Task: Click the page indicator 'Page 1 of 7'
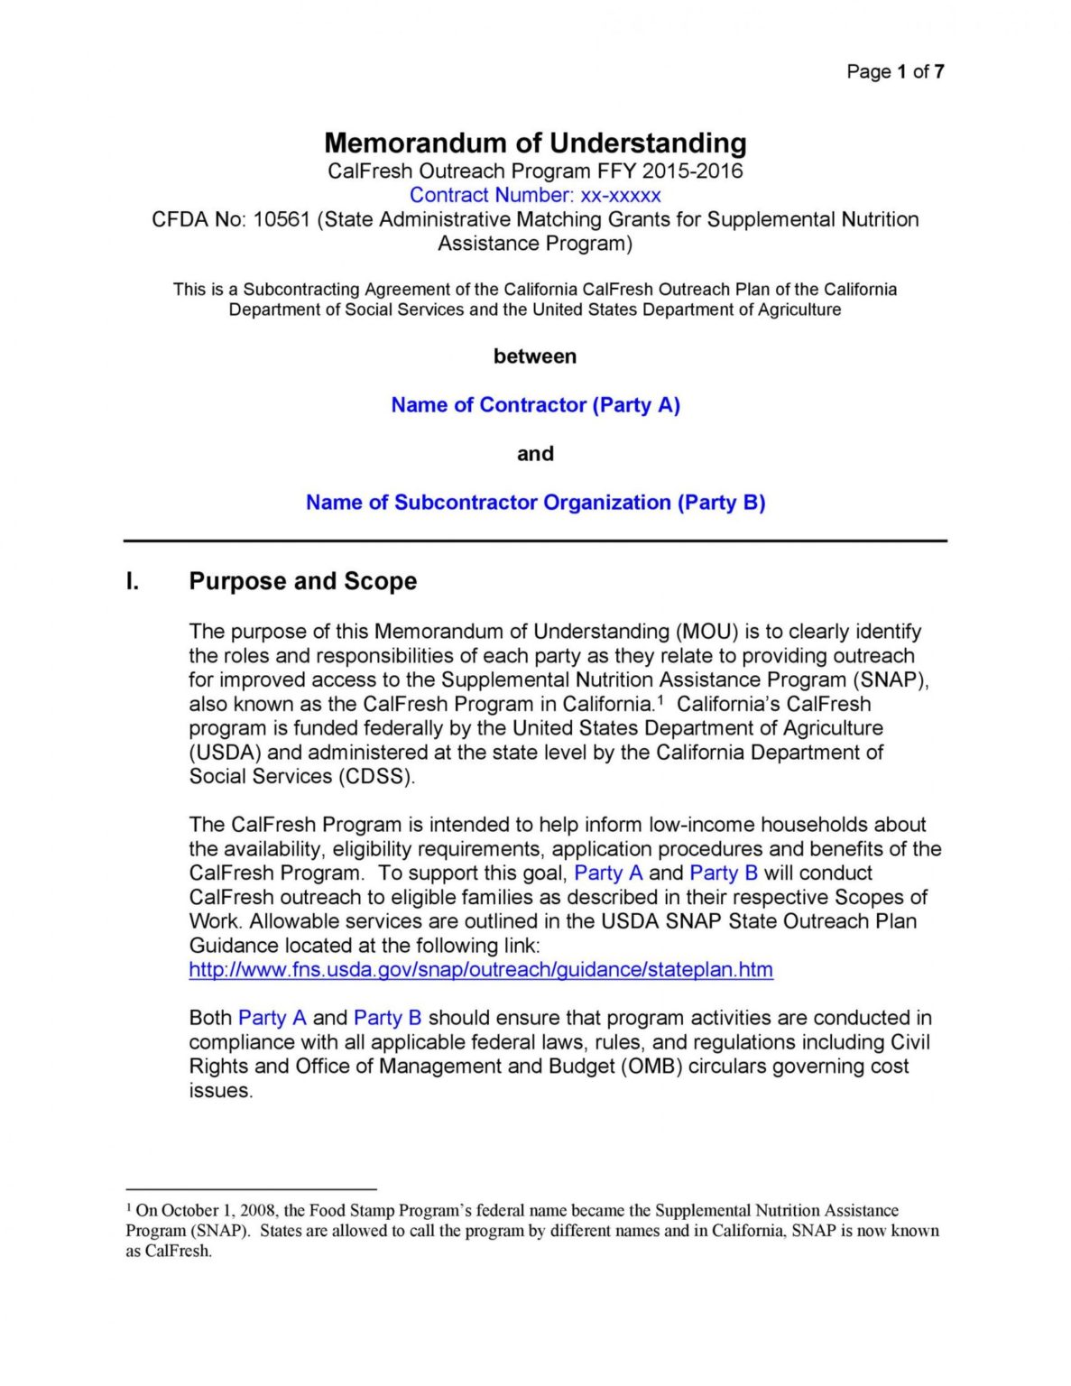[894, 71]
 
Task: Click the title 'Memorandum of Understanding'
[535, 143]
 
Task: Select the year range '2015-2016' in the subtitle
[692, 171]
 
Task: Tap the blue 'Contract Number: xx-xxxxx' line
[535, 195]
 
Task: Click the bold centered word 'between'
[535, 356]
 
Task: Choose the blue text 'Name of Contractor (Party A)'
[535, 405]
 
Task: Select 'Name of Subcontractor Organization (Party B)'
[535, 503]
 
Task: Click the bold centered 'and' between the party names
[535, 454]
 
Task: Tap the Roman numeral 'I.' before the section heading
[133, 581]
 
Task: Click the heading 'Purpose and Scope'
[302, 581]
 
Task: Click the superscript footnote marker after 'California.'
[660, 700]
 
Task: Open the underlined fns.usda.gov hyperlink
[480, 970]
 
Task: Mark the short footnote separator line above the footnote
[250, 1189]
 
